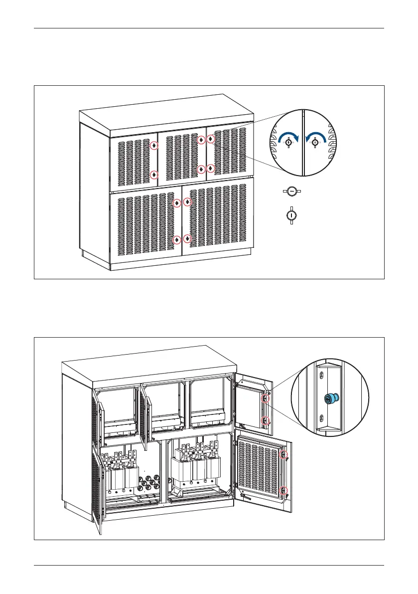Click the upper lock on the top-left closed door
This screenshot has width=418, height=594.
click(154, 146)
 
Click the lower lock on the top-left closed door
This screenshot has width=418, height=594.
click(154, 175)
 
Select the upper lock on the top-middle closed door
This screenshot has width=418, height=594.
click(200, 140)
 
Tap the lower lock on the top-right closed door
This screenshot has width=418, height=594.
click(210, 168)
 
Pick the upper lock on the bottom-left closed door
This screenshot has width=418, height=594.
click(177, 203)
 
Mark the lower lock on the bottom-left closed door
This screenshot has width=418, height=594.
click(177, 239)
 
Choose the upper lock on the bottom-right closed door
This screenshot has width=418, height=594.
click(187, 201)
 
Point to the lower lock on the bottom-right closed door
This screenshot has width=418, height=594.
click(187, 238)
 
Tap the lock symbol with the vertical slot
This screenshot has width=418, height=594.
click(291, 215)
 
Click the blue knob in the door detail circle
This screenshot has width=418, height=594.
click(329, 398)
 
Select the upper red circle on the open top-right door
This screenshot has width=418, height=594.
click(266, 397)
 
